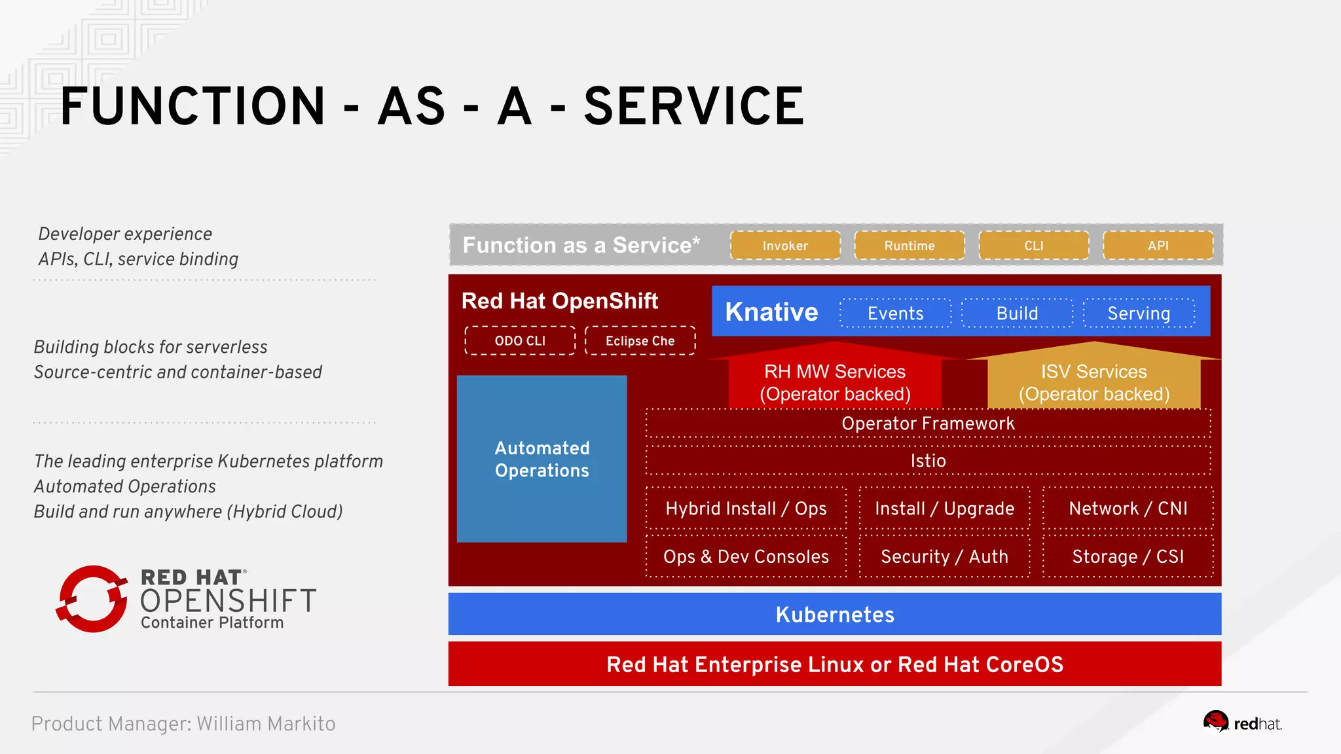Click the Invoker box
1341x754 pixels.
pyautogui.click(x=785, y=245)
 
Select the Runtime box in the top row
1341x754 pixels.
pyautogui.click(x=909, y=245)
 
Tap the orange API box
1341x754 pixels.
pyautogui.click(x=1158, y=245)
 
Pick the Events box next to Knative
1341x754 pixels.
pyautogui.click(x=895, y=314)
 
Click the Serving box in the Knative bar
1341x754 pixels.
pyautogui.click(x=1139, y=314)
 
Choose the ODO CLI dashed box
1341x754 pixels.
pyautogui.click(x=520, y=341)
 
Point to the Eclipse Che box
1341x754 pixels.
pyautogui.click(x=640, y=341)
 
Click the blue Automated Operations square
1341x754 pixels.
pyautogui.click(x=542, y=459)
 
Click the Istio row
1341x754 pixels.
pyautogui.click(x=928, y=461)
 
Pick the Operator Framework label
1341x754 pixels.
pyautogui.click(x=928, y=423)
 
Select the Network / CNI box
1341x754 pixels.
pyautogui.click(x=1128, y=509)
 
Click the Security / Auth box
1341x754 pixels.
pyautogui.click(x=944, y=556)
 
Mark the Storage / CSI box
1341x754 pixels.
pyautogui.click(x=1128, y=556)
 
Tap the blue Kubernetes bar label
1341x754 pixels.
pyautogui.click(x=835, y=615)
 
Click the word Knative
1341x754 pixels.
pyautogui.click(x=771, y=312)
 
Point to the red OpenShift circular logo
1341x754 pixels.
pyautogui.click(x=92, y=599)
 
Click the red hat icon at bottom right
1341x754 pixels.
pyautogui.click(x=1216, y=722)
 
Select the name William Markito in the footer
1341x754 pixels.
pyautogui.click(x=266, y=724)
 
